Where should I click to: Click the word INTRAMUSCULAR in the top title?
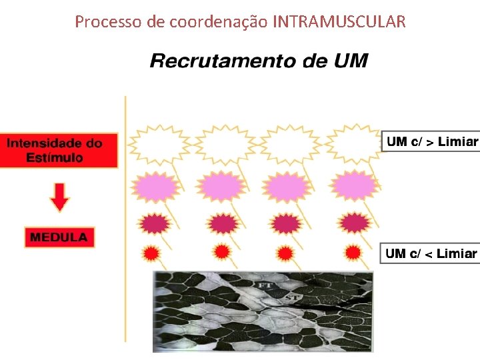(339, 22)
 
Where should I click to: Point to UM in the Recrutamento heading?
(351, 61)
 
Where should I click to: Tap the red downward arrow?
(59, 197)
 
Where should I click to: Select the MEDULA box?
(59, 237)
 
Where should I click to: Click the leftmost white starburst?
(158, 144)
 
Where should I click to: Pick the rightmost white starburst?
(355, 143)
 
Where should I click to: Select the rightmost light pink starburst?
(354, 185)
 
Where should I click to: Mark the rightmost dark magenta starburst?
(354, 222)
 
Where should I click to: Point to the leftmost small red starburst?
(151, 253)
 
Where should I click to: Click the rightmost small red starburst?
(353, 252)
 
